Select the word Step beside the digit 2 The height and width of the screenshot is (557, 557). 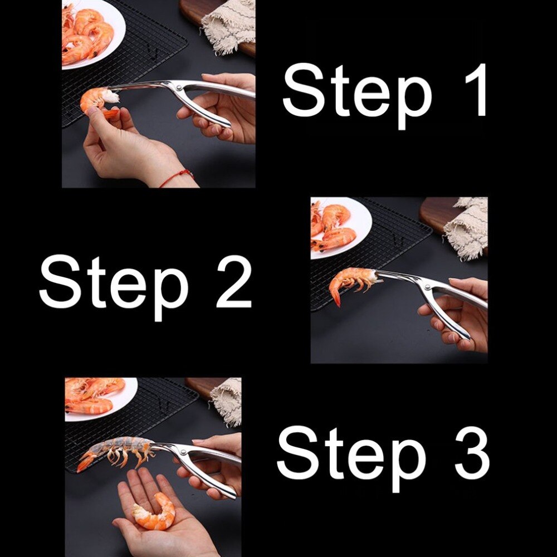click(114, 282)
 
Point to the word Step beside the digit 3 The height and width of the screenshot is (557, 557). click(351, 453)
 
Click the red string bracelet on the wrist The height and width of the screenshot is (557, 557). click(177, 177)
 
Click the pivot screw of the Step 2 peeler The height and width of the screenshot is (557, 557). click(427, 287)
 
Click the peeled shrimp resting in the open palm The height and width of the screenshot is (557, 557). click(154, 511)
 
